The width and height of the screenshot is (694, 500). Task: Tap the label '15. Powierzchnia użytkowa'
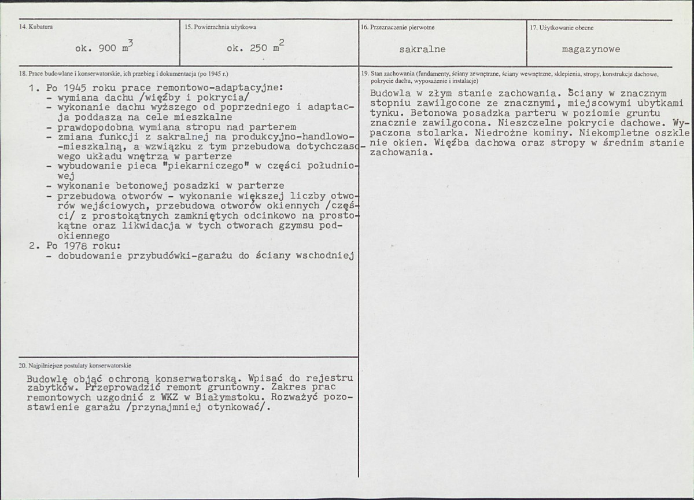220,27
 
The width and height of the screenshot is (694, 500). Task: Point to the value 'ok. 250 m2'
255,48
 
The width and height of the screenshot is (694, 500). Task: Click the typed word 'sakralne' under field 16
422,49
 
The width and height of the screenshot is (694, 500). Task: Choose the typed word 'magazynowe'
590,49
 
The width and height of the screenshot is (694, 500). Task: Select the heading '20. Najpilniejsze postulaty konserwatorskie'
75,366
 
